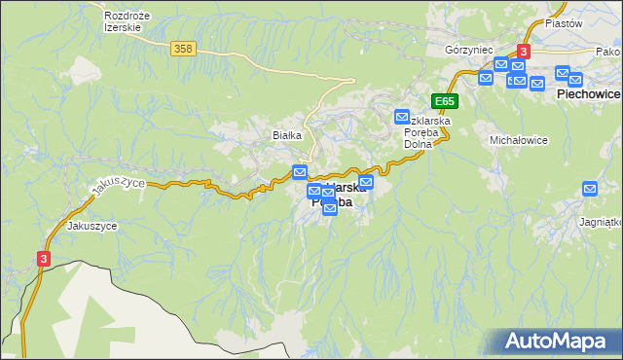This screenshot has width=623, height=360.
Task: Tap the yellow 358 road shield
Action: click(182, 49)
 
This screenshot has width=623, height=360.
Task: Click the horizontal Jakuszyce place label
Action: click(92, 225)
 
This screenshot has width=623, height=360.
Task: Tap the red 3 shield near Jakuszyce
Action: click(43, 258)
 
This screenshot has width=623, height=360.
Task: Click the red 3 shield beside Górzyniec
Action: click(524, 51)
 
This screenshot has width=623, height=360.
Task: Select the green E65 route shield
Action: click(444, 101)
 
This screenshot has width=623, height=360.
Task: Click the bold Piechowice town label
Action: click(588, 95)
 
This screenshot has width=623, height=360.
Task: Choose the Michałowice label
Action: click(518, 140)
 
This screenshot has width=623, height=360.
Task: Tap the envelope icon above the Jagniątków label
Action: click(590, 189)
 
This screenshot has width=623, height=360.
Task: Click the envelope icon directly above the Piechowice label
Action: click(563, 73)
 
